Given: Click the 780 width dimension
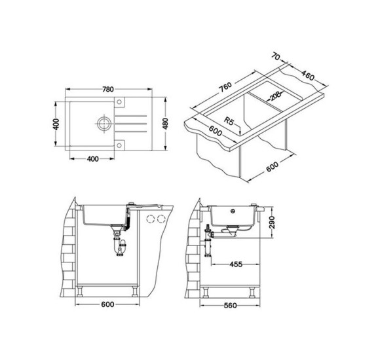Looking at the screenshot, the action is (108, 89).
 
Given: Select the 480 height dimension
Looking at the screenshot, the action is (165, 124).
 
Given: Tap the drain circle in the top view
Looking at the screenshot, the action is (104, 124).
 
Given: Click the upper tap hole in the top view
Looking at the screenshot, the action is (119, 101).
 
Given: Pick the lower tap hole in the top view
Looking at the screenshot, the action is (119, 145).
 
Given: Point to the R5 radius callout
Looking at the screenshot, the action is (229, 121).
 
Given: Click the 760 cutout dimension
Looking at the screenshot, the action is (225, 88).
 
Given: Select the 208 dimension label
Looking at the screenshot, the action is (275, 96).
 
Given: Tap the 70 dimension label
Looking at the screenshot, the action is (276, 57).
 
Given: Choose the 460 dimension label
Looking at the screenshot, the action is (308, 75).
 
